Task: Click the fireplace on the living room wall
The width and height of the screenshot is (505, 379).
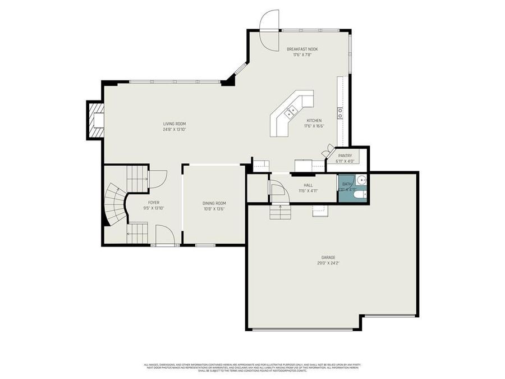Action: [94, 120]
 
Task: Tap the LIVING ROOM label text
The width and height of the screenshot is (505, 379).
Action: [174, 124]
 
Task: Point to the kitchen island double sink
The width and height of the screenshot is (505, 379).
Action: [291, 112]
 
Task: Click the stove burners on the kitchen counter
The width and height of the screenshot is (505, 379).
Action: [341, 113]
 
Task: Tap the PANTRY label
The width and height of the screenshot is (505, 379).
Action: [345, 156]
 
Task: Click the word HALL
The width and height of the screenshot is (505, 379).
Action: [308, 185]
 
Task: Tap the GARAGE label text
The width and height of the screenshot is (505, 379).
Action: [329, 257]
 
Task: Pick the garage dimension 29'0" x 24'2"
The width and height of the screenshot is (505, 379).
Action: [329, 263]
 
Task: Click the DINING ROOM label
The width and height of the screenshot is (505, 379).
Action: [214, 203]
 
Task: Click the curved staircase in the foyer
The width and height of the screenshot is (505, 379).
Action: [115, 205]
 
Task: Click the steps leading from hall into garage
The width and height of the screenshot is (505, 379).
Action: [279, 212]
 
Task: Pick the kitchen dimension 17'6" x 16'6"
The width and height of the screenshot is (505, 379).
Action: [314, 126]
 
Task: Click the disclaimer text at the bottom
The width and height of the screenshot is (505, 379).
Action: [252, 367]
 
